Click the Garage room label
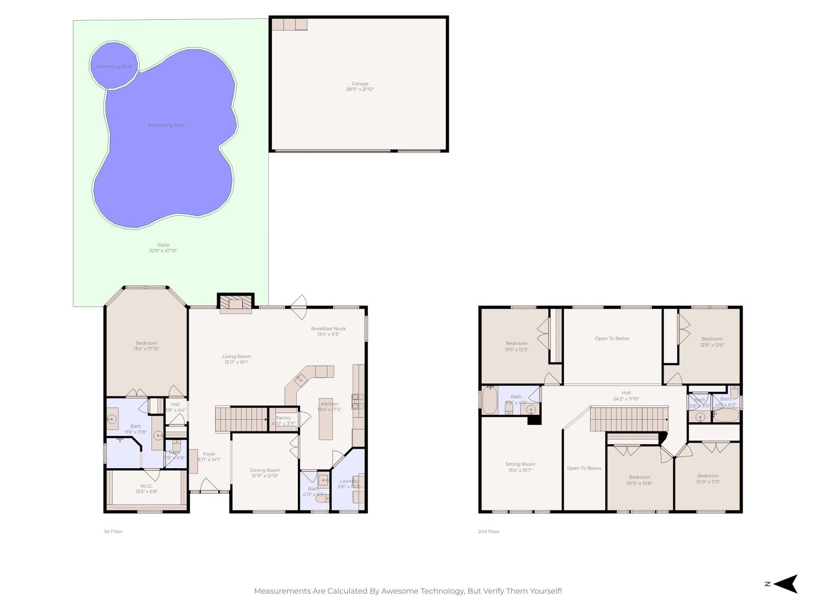pyautogui.click(x=360, y=84)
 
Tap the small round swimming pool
pyautogui.click(x=114, y=66)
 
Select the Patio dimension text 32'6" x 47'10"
pyautogui.click(x=163, y=250)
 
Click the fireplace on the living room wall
pyautogui.click(x=236, y=304)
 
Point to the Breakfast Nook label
pyautogui.click(x=328, y=328)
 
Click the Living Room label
pyautogui.click(x=237, y=356)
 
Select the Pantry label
pyautogui.click(x=283, y=418)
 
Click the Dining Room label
pyautogui.click(x=265, y=470)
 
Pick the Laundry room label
pyautogui.click(x=349, y=481)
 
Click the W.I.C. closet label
pyautogui.click(x=146, y=486)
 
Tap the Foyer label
pyautogui.click(x=209, y=454)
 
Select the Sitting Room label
pyautogui.click(x=520, y=464)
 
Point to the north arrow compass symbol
pyautogui.click(x=787, y=584)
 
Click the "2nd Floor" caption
pyautogui.click(x=489, y=531)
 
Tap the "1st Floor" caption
pyautogui.click(x=113, y=531)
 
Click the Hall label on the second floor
pyautogui.click(x=626, y=393)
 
